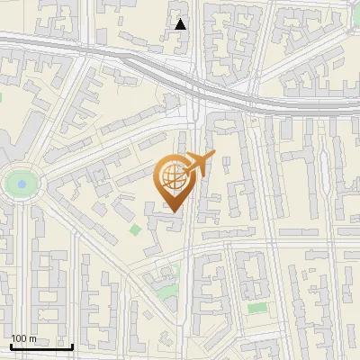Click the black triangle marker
(x=181, y=24)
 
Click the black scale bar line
(x=41, y=346)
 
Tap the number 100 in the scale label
(x=19, y=338)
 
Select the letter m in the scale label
(x=32, y=339)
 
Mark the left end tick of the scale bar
(x=11, y=345)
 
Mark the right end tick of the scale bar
(x=72, y=345)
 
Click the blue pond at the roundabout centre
(x=18, y=184)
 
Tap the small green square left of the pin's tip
(x=136, y=230)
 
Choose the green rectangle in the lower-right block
(x=257, y=308)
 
